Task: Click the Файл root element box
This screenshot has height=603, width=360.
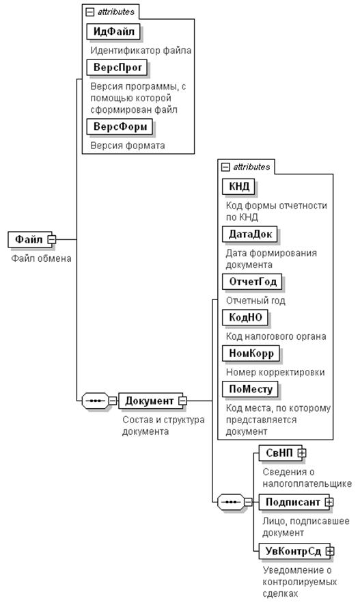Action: pyautogui.click(x=29, y=239)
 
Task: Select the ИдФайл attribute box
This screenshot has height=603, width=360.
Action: pyautogui.click(x=113, y=31)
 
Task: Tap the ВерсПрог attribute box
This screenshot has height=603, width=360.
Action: pyautogui.click(x=117, y=67)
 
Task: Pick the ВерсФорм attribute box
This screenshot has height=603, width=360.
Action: pyautogui.click(x=120, y=126)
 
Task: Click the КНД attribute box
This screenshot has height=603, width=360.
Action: pyautogui.click(x=239, y=187)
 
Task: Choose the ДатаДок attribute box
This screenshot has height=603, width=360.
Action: pyautogui.click(x=250, y=234)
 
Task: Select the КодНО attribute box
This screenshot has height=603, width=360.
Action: pyautogui.click(x=245, y=317)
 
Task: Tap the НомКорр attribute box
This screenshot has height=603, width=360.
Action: pyautogui.click(x=251, y=353)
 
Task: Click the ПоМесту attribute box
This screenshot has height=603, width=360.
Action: pyautogui.click(x=250, y=389)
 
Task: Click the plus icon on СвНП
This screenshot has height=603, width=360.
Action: pyautogui.click(x=302, y=453)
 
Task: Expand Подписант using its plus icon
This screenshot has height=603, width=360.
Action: pyautogui.click(x=329, y=502)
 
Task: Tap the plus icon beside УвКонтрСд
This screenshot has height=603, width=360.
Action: pyautogui.click(x=330, y=551)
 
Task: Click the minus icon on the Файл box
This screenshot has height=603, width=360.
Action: pyautogui.click(x=52, y=239)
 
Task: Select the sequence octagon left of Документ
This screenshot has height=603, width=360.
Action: pyautogui.click(x=95, y=401)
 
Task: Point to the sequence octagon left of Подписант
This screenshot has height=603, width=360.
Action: pyautogui.click(x=230, y=502)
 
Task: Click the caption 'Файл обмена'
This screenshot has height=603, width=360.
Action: pyautogui.click(x=41, y=258)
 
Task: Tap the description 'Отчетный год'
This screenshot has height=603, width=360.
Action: pyautogui.click(x=255, y=300)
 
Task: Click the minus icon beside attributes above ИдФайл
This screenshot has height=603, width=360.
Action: pyautogui.click(x=90, y=12)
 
